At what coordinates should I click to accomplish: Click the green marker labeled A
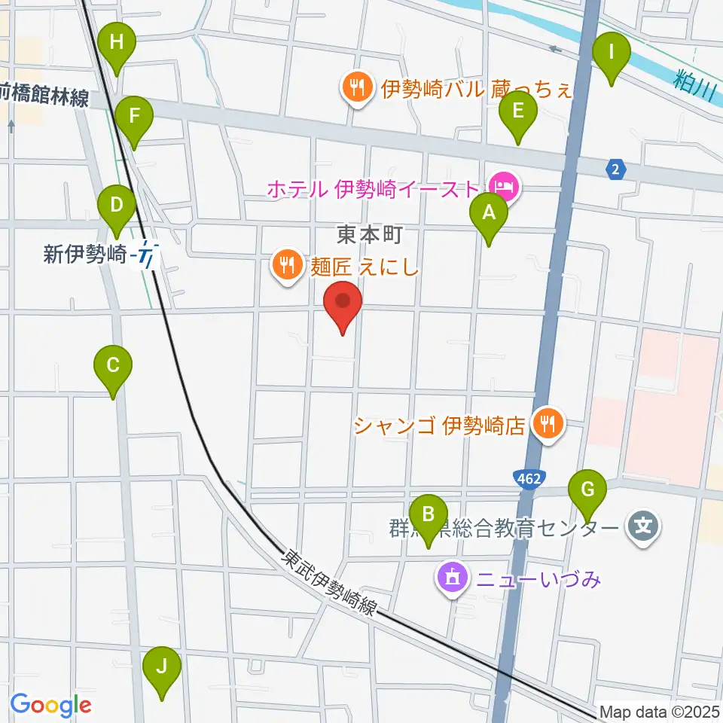489,214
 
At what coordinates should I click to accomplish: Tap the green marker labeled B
429,515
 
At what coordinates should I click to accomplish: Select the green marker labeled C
113,367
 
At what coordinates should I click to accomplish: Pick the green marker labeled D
117,206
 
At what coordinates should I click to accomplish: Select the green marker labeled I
612,53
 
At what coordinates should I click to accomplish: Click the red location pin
343,303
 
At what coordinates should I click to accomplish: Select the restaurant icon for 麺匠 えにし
288,265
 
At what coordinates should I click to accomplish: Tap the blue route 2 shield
616,170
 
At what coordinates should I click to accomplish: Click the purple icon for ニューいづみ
451,579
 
